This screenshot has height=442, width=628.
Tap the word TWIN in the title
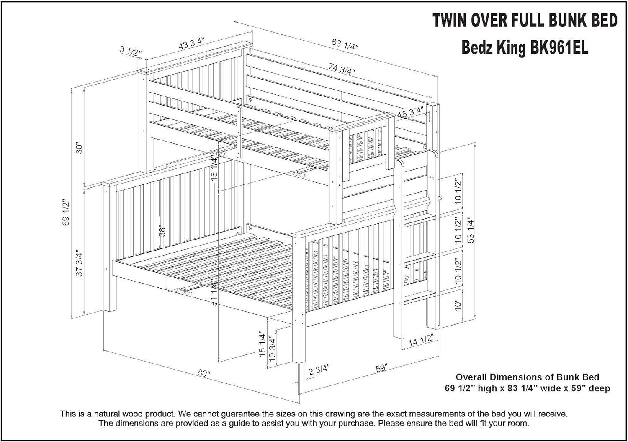452,21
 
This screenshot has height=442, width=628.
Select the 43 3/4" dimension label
191,43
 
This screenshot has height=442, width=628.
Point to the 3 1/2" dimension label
131,52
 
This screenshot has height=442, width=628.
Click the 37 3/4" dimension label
79,263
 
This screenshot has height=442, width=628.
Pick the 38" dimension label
162,231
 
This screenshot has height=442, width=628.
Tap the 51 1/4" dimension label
214,293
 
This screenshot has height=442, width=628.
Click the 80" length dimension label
203,373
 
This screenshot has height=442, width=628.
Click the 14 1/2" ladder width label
420,341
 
